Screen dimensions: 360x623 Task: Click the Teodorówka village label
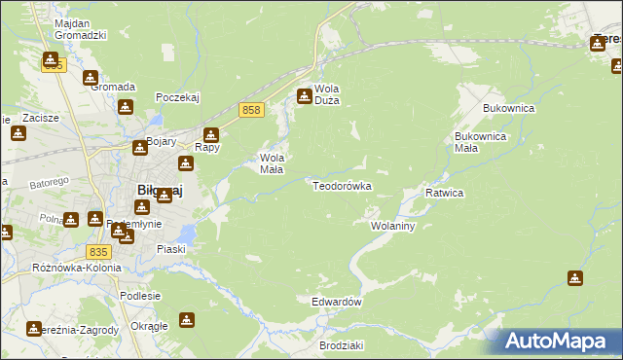(342, 185)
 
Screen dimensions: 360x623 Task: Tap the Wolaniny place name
(393, 226)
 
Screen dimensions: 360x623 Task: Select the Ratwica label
(444, 193)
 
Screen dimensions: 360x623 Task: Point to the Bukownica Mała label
(480, 143)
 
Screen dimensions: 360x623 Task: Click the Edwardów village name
(337, 302)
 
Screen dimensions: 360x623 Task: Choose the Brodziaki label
(341, 345)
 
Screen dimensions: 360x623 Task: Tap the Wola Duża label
(325, 93)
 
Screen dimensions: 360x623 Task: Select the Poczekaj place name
(177, 98)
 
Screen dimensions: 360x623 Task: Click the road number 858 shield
(251, 111)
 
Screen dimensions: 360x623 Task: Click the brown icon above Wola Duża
(305, 95)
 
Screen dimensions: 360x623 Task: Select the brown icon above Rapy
(211, 134)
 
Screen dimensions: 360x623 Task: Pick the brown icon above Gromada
(91, 77)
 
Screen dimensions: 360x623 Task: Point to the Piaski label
(171, 249)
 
